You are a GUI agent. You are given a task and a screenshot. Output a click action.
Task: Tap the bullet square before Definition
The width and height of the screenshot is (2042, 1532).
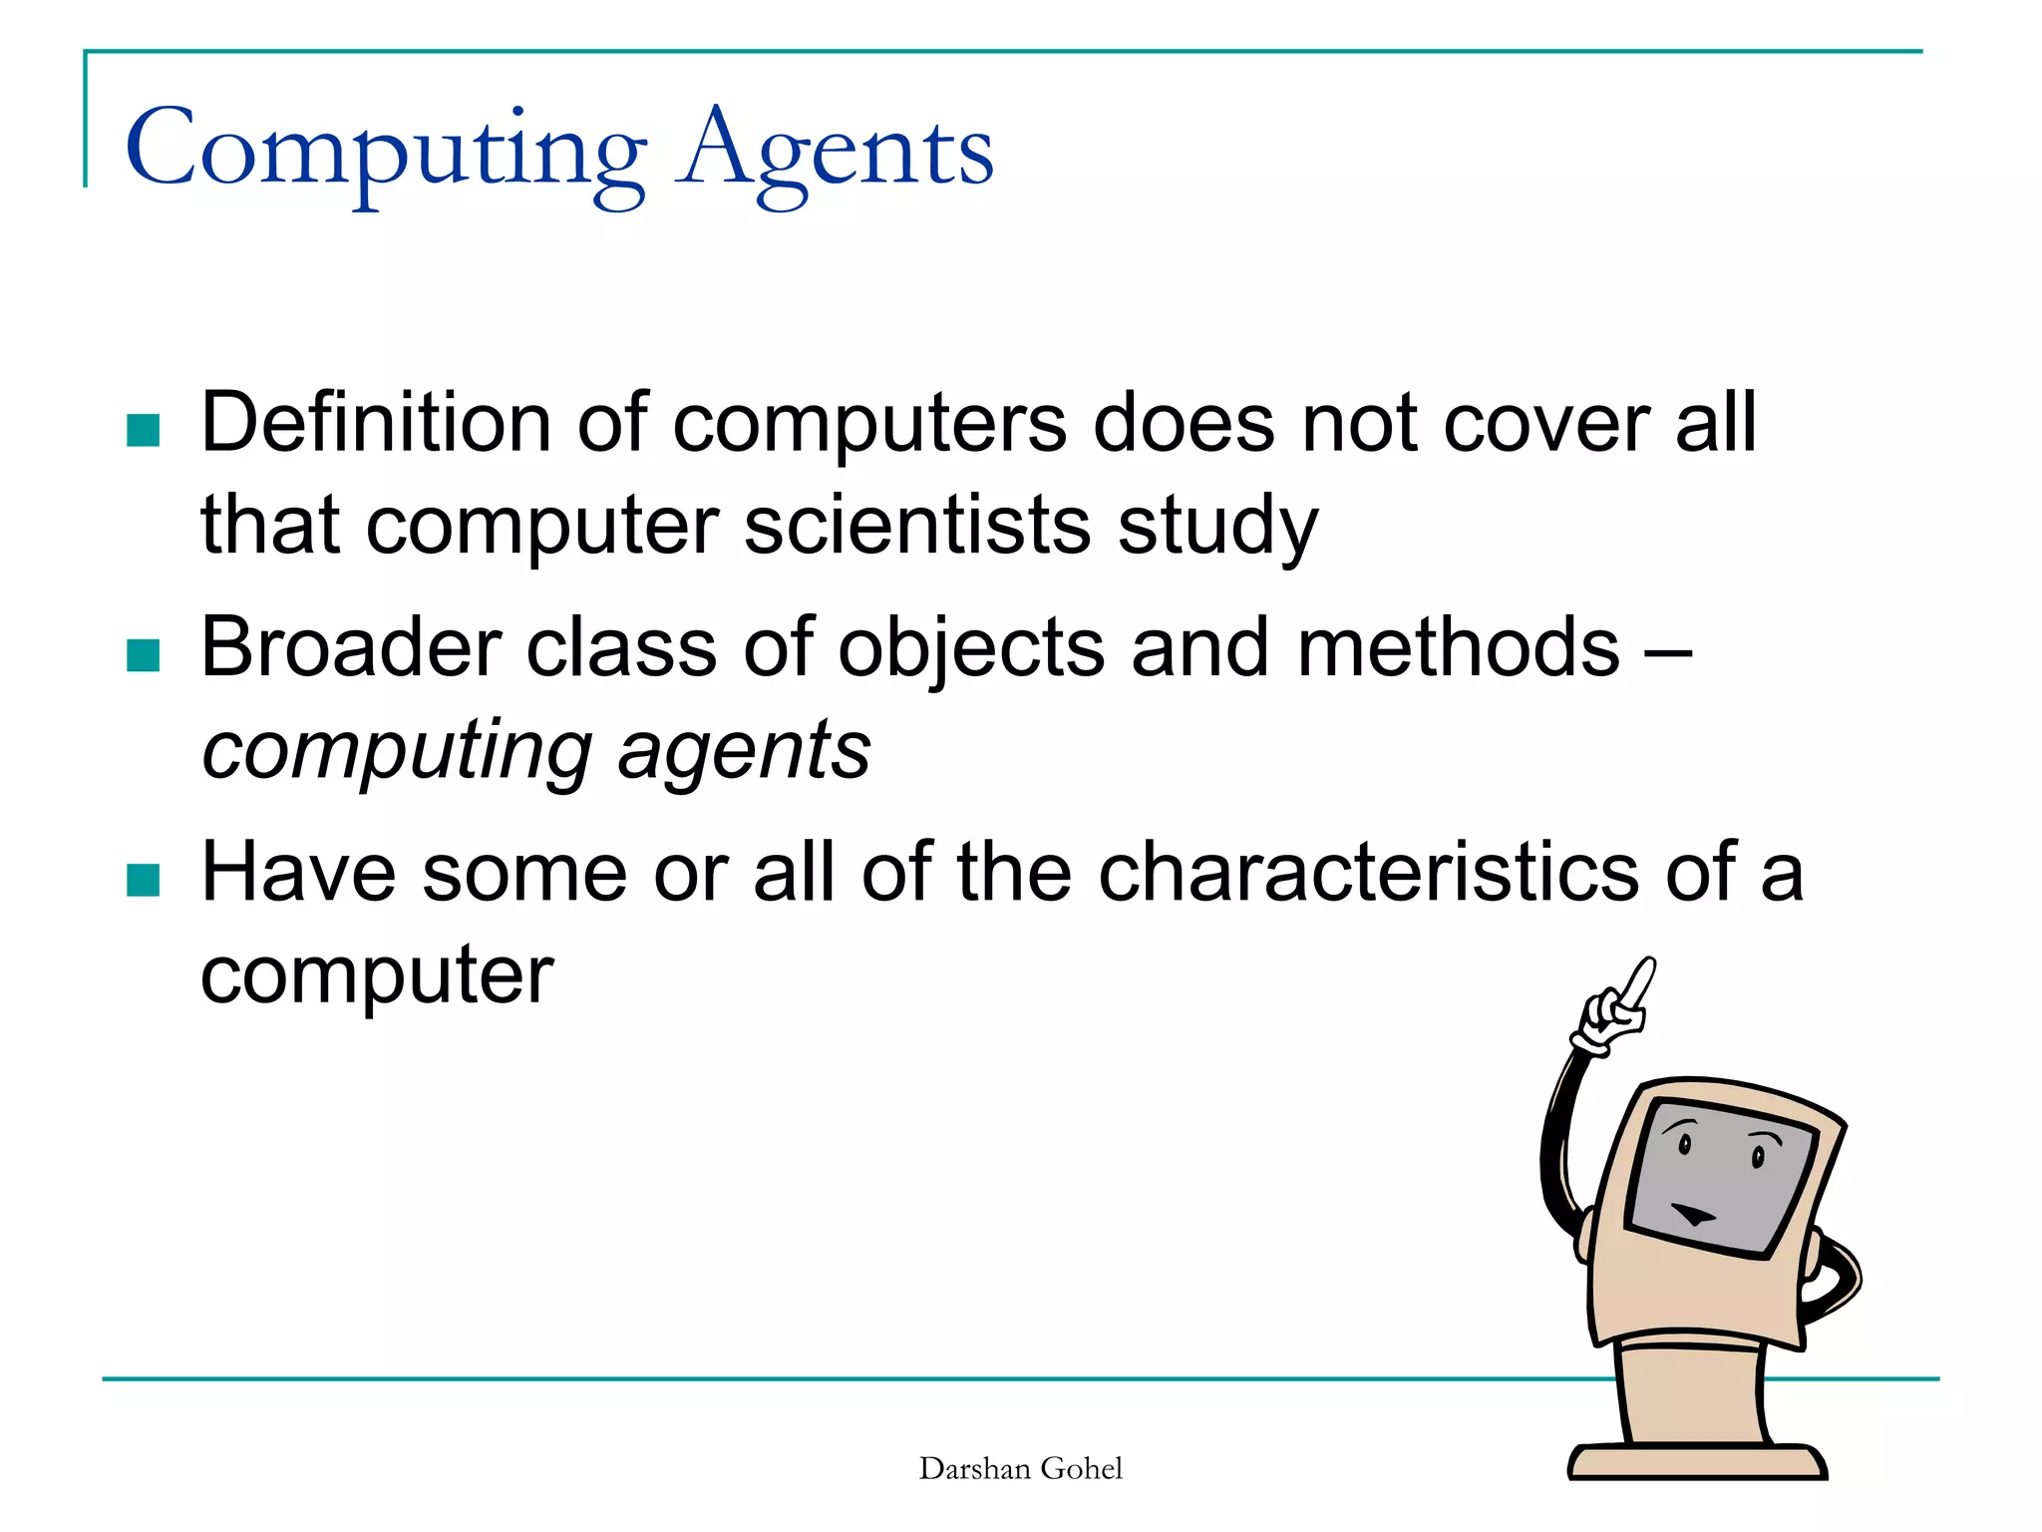[144, 431]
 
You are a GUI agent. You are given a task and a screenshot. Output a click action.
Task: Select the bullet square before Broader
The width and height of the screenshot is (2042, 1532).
[144, 656]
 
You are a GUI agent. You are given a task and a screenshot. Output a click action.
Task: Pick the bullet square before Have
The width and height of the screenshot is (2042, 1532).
[144, 881]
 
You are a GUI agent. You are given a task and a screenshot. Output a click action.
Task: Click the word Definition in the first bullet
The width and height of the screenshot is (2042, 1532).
[375, 423]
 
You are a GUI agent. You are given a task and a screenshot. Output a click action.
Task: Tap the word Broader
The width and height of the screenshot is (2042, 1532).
[350, 648]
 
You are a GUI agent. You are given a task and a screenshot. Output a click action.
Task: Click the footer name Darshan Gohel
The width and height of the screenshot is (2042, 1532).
[1020, 1469]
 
